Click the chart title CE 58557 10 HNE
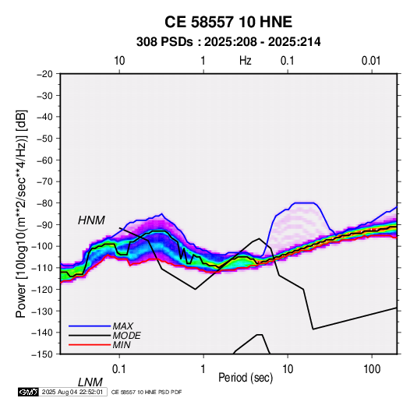tap(228, 22)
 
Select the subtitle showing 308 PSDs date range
tap(228, 42)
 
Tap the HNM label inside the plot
tap(91, 220)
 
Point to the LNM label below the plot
tap(90, 382)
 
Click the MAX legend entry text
tap(122, 326)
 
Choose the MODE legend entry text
tap(126, 336)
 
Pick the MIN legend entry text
tap(122, 345)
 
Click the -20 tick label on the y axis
tap(44, 74)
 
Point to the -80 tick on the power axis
tap(44, 203)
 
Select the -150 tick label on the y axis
tap(43, 354)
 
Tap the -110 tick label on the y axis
tap(43, 268)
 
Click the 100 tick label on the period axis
tap(372, 369)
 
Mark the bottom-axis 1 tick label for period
tap(203, 369)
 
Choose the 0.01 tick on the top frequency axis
tap(371, 61)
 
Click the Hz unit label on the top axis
tap(246, 61)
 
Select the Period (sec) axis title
tap(246, 378)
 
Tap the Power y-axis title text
tap(21, 213)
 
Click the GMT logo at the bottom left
tap(28, 392)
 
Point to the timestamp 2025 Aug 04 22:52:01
tap(72, 392)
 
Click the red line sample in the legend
tap(90, 345)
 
